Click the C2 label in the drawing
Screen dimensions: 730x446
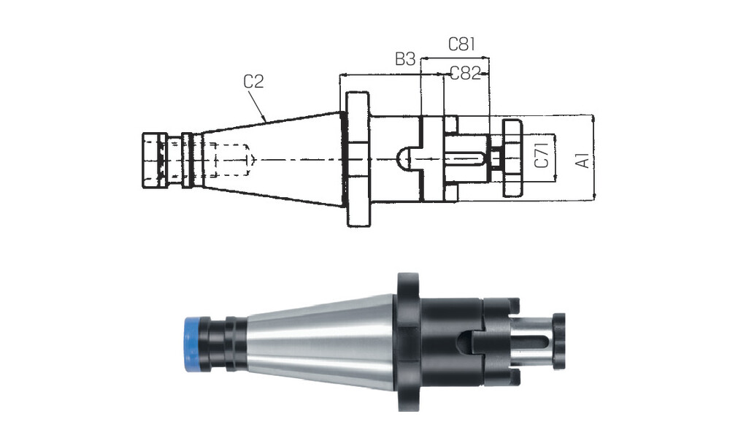[254, 81]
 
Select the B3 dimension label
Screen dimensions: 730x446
[405, 59]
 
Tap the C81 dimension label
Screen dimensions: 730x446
[461, 44]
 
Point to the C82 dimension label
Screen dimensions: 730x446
[465, 72]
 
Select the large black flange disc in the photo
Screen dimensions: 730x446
[409, 342]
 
